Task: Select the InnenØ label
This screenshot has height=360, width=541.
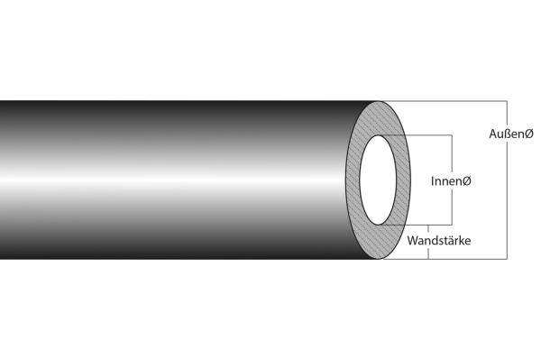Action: coord(452,181)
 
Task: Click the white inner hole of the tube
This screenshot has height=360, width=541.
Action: coord(384,180)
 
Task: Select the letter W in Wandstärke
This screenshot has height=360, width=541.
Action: coord(413,242)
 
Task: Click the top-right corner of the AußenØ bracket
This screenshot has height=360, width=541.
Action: coord(508,99)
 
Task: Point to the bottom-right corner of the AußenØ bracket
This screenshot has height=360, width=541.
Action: coord(508,260)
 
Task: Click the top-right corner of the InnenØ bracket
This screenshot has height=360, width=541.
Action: coord(451,135)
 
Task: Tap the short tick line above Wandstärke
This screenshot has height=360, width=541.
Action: coord(428,229)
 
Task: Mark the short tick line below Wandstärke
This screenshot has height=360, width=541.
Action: coord(428,254)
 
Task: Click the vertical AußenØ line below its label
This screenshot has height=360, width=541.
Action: coord(508,198)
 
